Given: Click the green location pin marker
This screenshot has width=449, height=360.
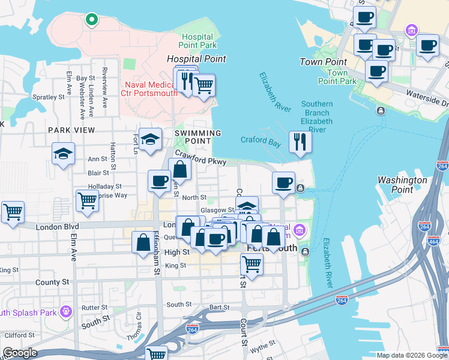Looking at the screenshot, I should (x=91, y=19).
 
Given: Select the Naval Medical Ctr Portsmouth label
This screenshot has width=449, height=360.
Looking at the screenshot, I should (x=151, y=89).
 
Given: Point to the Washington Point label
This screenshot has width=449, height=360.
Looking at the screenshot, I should (x=402, y=185).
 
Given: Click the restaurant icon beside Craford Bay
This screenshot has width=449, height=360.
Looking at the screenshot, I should (x=299, y=143).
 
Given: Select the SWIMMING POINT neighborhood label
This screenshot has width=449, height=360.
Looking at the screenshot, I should (x=197, y=137).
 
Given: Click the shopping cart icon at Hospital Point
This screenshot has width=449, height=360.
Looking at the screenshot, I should (x=204, y=85).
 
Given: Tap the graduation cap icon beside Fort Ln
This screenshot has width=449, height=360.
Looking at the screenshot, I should (x=150, y=140).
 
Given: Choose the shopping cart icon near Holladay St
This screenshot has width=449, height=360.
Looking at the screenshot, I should (x=87, y=201).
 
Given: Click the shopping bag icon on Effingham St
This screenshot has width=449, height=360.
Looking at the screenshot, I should (x=143, y=243).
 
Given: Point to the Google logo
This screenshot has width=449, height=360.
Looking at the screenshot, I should (x=20, y=353).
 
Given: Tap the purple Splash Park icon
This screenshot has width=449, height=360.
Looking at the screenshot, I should (x=65, y=312).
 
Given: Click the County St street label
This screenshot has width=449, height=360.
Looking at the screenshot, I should (x=48, y=282).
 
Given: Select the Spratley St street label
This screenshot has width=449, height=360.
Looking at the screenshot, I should (x=49, y=97).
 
